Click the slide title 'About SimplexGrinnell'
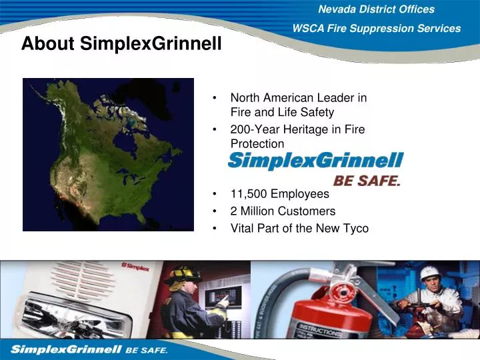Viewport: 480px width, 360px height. click(121, 44)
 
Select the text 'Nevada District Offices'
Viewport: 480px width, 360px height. click(376, 9)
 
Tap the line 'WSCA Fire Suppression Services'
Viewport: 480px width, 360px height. click(377, 29)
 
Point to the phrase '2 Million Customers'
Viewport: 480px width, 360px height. click(283, 211)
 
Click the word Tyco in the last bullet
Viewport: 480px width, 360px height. click(354, 228)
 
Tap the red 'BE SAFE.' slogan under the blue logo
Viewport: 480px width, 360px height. click(367, 180)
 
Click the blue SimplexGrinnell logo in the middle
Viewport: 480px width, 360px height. click(315, 161)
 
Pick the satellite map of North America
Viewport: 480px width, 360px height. click(108, 155)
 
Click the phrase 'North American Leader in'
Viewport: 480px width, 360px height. click(298, 98)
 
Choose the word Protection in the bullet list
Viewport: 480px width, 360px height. click(257, 144)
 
